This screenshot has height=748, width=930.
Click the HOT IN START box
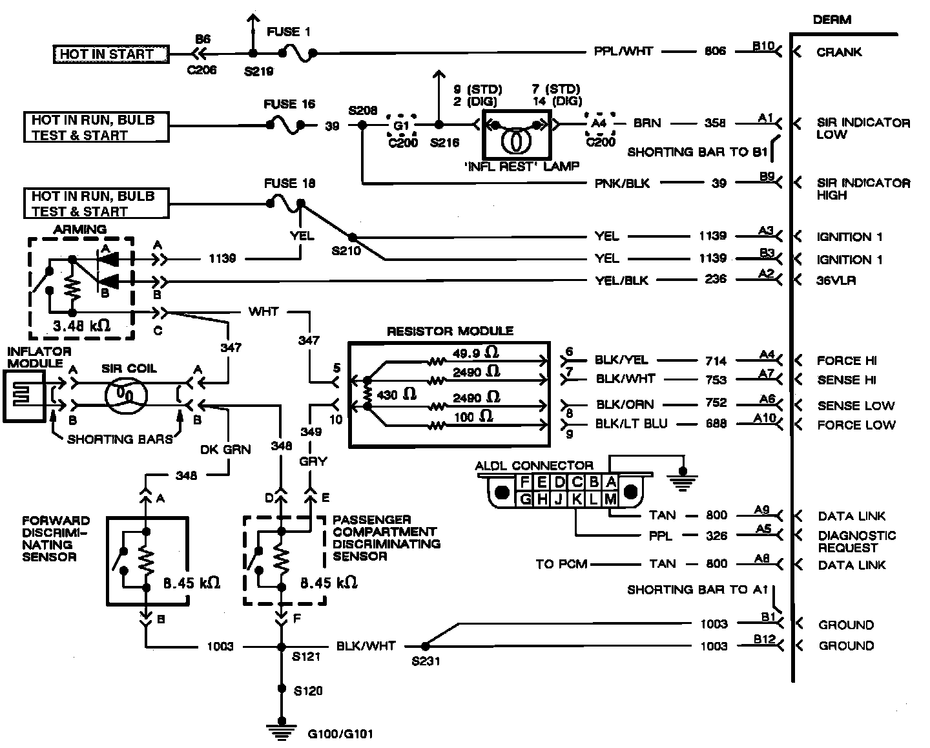(x=110, y=54)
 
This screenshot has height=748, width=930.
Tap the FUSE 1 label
(x=289, y=32)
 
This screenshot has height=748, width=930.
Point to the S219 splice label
(x=258, y=71)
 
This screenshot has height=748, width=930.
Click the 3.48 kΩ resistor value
(x=81, y=326)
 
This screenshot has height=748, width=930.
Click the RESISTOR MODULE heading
(x=449, y=331)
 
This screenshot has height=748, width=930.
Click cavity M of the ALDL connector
(x=610, y=499)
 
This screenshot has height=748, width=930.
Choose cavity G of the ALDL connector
(x=525, y=499)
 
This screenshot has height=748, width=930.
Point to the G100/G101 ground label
(x=340, y=734)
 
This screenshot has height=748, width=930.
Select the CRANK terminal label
(x=839, y=52)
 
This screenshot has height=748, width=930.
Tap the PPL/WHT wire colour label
(x=623, y=51)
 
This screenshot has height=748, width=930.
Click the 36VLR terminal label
(x=836, y=281)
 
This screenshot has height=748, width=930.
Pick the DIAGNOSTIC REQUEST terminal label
(x=856, y=541)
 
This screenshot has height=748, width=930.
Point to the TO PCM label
(x=561, y=564)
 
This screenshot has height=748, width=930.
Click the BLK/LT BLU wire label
(x=632, y=424)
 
